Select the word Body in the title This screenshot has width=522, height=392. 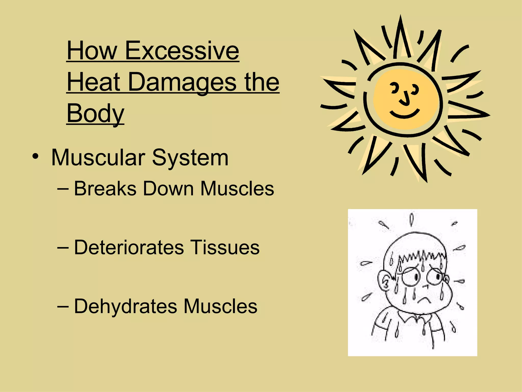[95, 113]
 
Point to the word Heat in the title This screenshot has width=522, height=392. [94, 82]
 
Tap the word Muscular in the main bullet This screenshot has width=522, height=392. [98, 157]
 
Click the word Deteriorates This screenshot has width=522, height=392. [129, 247]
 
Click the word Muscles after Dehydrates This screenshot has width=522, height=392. [220, 306]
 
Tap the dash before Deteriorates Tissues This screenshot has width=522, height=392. [63, 247]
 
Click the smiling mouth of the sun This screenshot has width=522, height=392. [404, 114]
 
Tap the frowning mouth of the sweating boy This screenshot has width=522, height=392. [423, 300]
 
